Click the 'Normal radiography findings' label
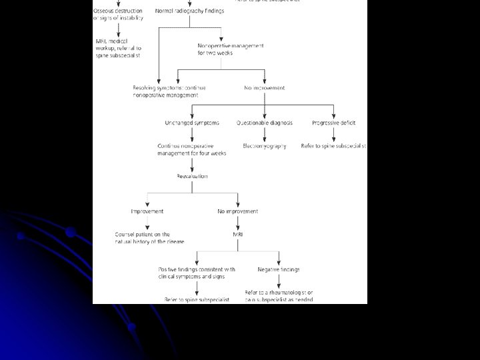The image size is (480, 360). pos(190,11)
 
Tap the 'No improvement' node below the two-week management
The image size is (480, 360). pos(265,87)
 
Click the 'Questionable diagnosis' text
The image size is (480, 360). pos(265,123)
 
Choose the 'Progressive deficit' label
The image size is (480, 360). pos(334,123)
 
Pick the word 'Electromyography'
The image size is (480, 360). pos(265,146)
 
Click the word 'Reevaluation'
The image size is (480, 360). pos(192,176)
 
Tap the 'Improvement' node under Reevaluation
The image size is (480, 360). pos(147,211)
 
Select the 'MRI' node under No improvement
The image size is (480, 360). pos(238,235)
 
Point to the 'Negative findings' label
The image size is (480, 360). pos(279,269)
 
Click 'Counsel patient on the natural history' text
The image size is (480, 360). pos(150,238)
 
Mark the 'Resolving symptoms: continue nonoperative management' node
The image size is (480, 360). pos(169,91)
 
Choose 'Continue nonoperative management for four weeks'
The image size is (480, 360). pos(192,149)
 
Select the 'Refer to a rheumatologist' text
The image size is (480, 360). pos(279,296)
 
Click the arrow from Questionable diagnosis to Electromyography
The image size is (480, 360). pos(265,134)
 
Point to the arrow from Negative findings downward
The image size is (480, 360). pos(279,281)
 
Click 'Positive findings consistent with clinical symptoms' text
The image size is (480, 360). pos(196,273)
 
